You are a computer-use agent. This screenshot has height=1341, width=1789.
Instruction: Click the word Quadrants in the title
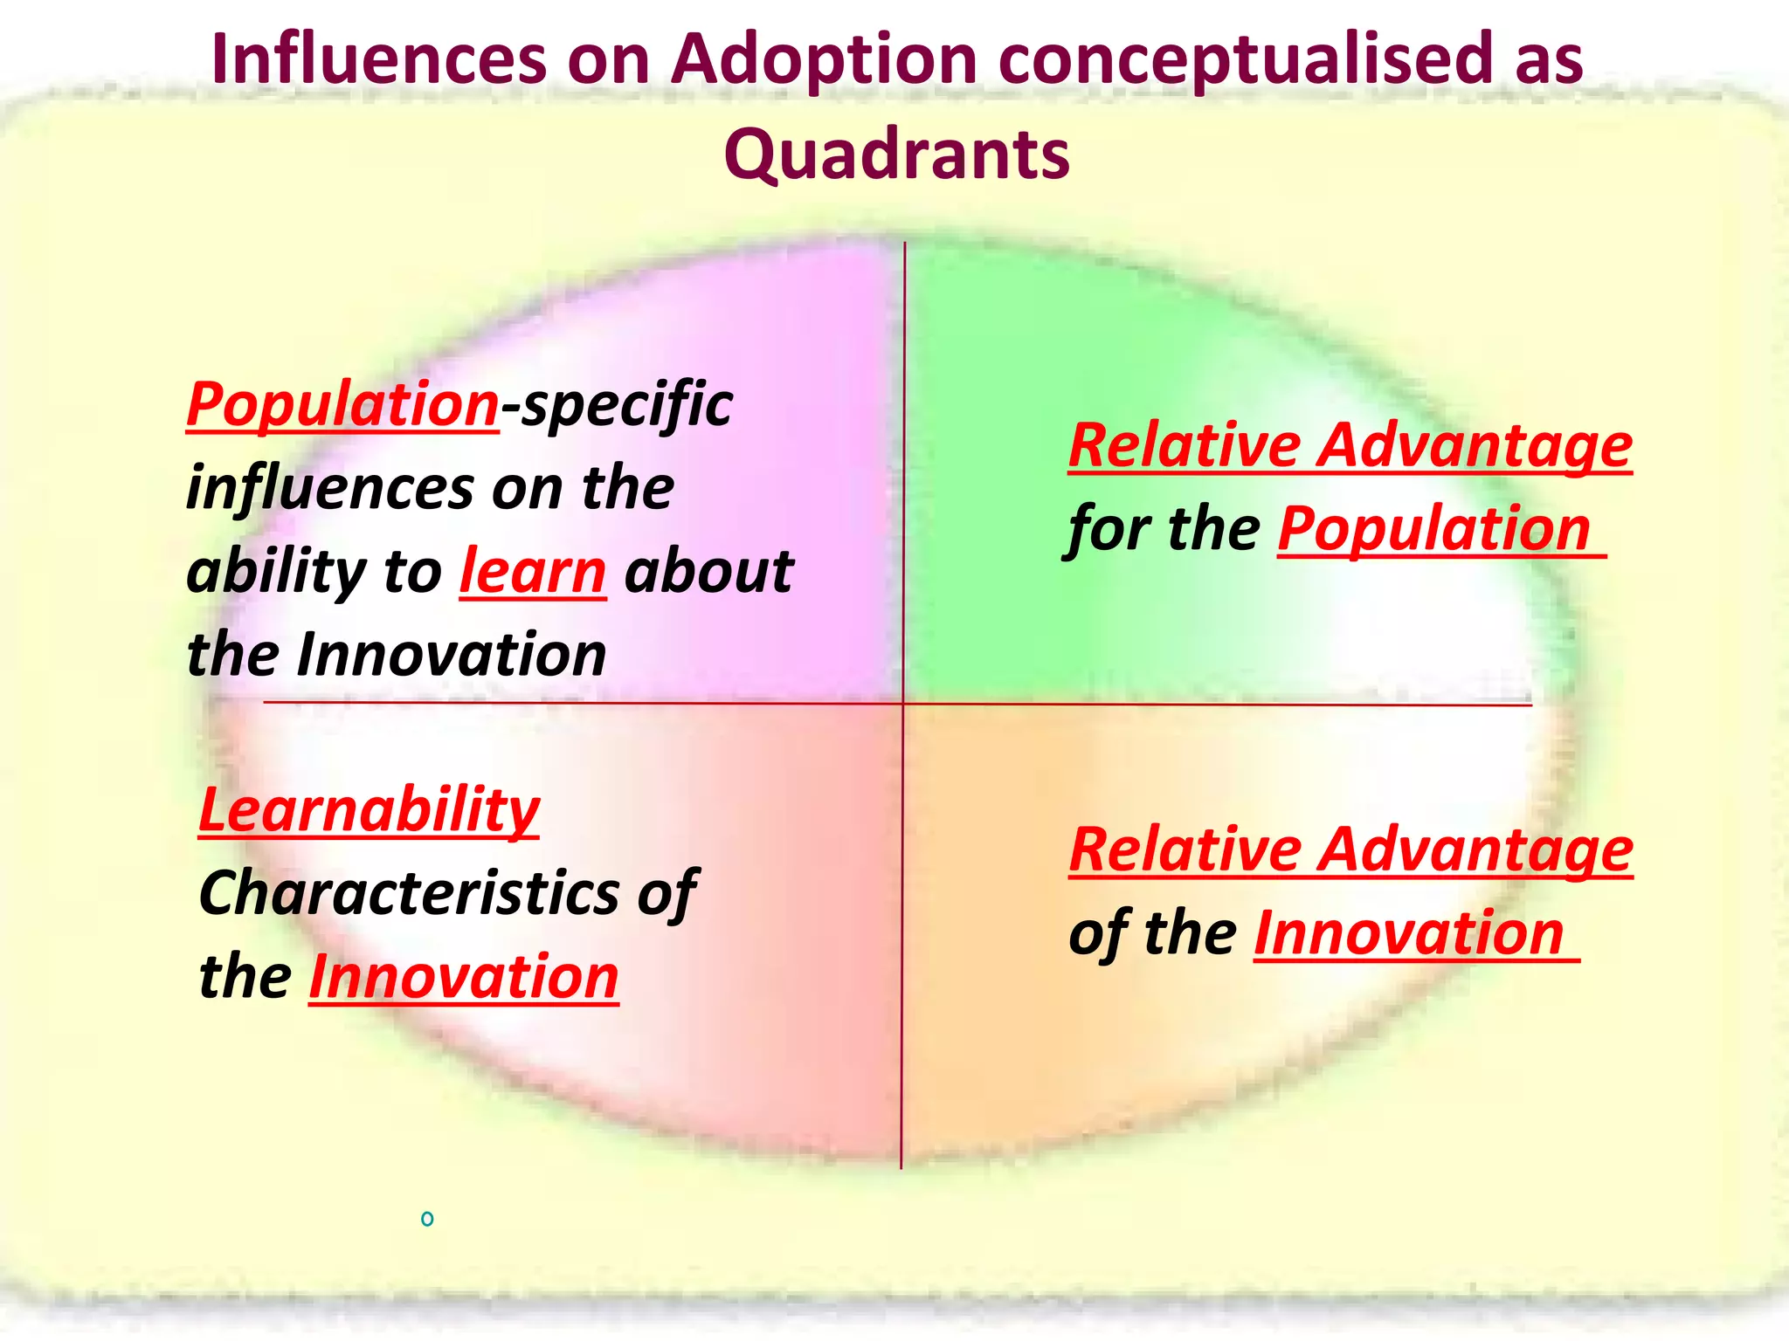pos(896,155)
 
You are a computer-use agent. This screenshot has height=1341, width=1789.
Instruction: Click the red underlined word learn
pos(533,572)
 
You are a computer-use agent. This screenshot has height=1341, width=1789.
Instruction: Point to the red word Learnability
pos(369,810)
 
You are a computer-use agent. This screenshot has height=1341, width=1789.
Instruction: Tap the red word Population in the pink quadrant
pos(342,405)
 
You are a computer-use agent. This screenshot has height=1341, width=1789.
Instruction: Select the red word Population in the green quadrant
pos(1434,529)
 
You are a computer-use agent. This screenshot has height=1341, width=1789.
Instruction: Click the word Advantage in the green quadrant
pos(1475,446)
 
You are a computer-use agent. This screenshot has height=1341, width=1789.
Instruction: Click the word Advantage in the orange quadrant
pos(1475,850)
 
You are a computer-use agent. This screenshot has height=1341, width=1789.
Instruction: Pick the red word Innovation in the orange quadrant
pos(1409,933)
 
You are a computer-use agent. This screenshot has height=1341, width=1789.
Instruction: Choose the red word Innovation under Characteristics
pos(464,976)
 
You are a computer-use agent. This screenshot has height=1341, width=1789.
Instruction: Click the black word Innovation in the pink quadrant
pos(452,655)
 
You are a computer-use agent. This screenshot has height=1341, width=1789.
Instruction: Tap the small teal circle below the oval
pos(427,1219)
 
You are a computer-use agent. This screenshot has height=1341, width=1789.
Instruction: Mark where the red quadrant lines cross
pos(903,704)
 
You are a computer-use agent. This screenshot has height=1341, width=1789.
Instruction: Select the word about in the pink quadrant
pos(708,572)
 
